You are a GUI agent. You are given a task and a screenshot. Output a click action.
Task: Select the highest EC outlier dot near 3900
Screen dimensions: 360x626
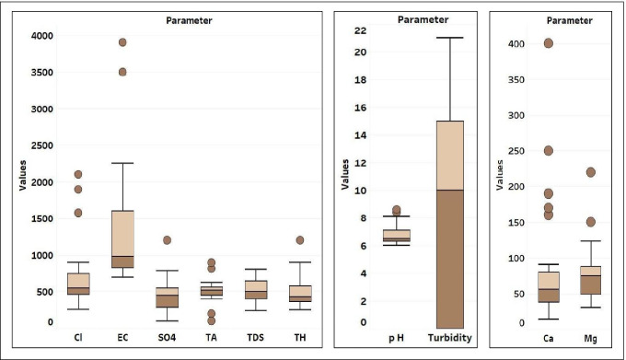click(x=122, y=42)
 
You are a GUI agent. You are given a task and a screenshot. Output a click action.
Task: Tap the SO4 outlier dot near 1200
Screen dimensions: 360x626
click(x=167, y=240)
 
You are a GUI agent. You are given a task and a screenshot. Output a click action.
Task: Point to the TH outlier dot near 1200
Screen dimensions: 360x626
click(x=299, y=240)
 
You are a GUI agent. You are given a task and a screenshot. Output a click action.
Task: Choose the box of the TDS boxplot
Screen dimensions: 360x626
click(x=255, y=290)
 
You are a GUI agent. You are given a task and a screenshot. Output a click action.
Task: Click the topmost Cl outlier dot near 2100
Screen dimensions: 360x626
click(x=77, y=174)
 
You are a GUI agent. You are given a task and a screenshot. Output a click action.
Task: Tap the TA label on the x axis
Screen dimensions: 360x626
click(x=211, y=337)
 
